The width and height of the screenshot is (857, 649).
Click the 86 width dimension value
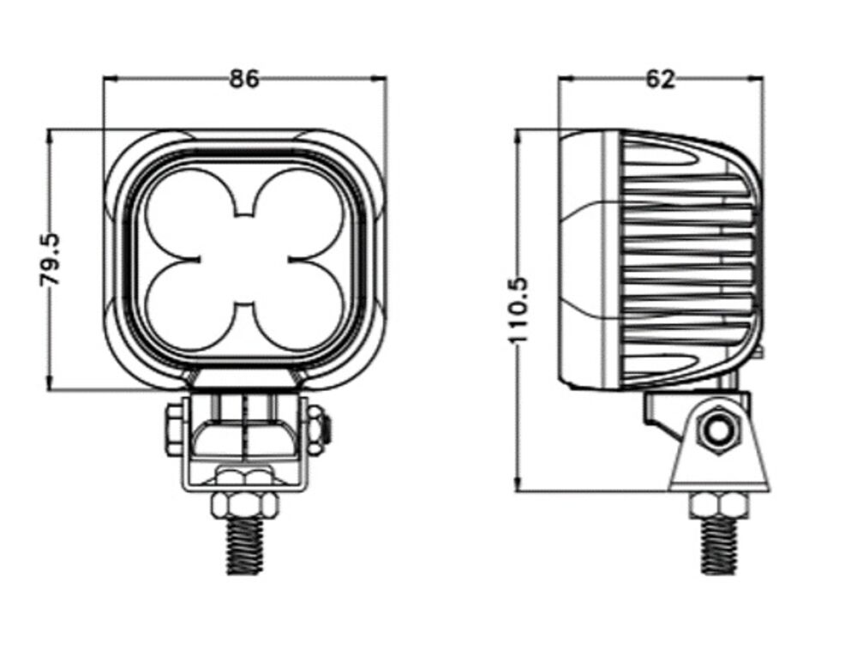243,79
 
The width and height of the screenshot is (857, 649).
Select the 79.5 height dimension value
50,260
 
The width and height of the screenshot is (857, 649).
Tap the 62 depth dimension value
660,79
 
